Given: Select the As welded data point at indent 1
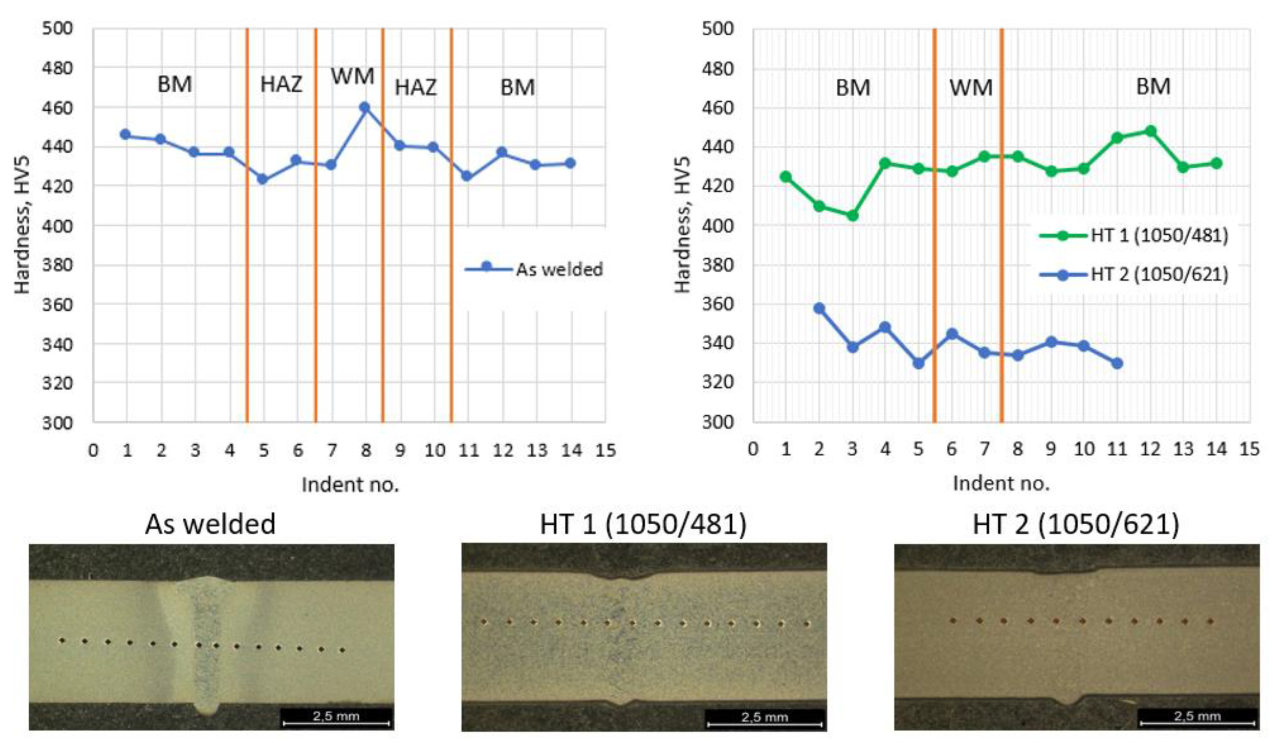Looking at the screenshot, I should tap(125, 134).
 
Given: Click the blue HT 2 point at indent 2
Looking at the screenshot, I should tap(819, 308).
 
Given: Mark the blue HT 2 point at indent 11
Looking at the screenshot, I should tap(1117, 363).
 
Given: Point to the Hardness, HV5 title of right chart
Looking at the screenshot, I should tap(682, 225).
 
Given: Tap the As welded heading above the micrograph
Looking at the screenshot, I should tap(210, 524).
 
